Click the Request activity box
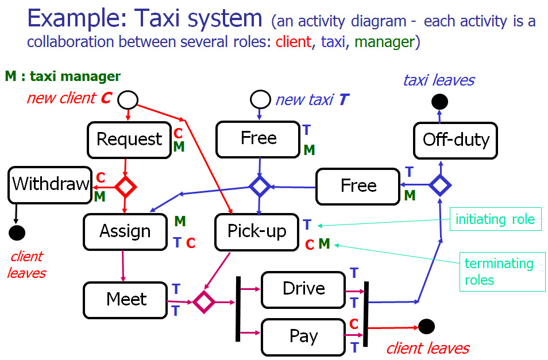click(129, 140)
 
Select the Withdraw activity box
click(51, 184)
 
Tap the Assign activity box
click(125, 231)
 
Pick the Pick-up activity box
click(257, 231)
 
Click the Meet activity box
click(126, 300)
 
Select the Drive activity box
click(303, 289)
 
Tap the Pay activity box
click(303, 336)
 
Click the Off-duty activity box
click(456, 140)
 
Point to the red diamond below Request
click(125, 187)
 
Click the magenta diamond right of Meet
click(204, 301)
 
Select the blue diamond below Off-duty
click(441, 185)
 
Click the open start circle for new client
click(128, 100)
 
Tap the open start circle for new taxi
click(260, 100)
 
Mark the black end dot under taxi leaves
click(439, 102)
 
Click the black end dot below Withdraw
click(17, 233)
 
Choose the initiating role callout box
click(495, 219)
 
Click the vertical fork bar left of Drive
click(237, 308)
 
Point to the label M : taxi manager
click(63, 76)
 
